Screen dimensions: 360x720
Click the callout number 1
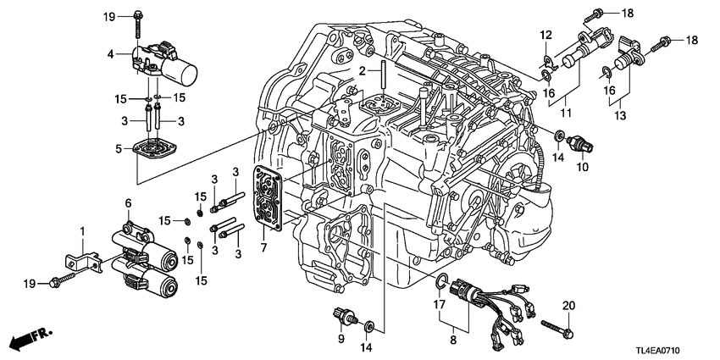[83, 231]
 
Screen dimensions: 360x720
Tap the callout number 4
[111, 55]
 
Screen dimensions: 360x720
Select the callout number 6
[129, 203]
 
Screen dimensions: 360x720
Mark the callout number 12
[546, 34]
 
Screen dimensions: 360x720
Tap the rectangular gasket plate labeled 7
[270, 197]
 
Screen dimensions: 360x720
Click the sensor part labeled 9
[341, 313]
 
